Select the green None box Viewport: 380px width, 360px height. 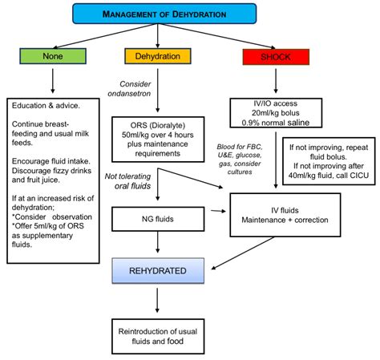pos(51,56)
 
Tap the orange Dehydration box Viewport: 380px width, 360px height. pos(157,56)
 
